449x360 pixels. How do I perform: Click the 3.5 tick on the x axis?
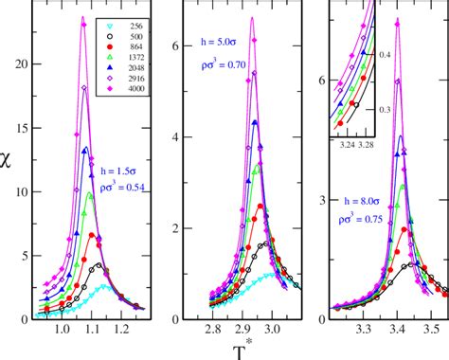pyautogui.click(x=429, y=332)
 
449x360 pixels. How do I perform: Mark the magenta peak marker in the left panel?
pyautogui.click(x=83, y=26)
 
